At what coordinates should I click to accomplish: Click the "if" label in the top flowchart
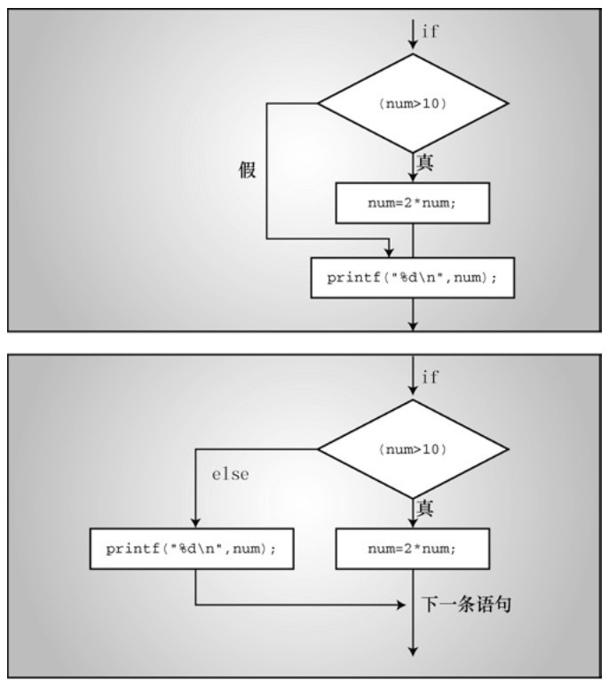[430, 32]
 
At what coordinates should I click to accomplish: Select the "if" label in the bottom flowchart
[430, 377]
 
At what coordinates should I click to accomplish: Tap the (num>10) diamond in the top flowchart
[413, 104]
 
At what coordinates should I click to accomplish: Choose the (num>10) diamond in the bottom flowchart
[413, 449]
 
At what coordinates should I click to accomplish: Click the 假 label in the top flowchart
[248, 170]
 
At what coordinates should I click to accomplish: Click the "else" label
[230, 474]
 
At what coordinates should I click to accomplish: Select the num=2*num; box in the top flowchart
[413, 203]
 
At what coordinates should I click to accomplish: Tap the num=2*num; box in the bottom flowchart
[413, 549]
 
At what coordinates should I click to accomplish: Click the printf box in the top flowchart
[413, 278]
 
